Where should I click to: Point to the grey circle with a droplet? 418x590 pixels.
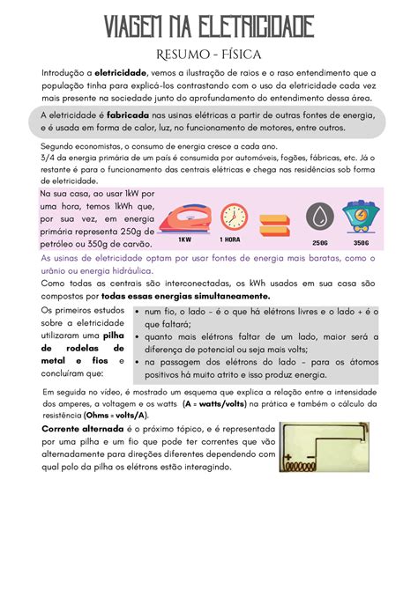[x=318, y=218]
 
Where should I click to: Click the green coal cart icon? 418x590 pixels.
[x=361, y=217]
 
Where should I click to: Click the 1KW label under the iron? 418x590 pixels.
[x=184, y=240]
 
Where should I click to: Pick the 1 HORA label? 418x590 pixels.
[x=233, y=240]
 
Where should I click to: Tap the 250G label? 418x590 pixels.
[x=319, y=242]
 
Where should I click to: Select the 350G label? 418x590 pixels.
[x=361, y=242]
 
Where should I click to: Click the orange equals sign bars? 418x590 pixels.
[x=276, y=218]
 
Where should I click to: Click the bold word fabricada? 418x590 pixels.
[x=133, y=114]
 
